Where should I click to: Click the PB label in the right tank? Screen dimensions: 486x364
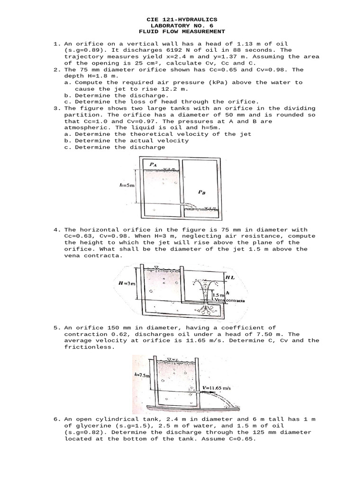click(x=202, y=192)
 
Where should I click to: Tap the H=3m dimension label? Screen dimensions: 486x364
click(x=124, y=283)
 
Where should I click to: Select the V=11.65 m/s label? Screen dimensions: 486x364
click(x=218, y=387)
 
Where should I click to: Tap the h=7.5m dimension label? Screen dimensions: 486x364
click(x=141, y=375)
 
